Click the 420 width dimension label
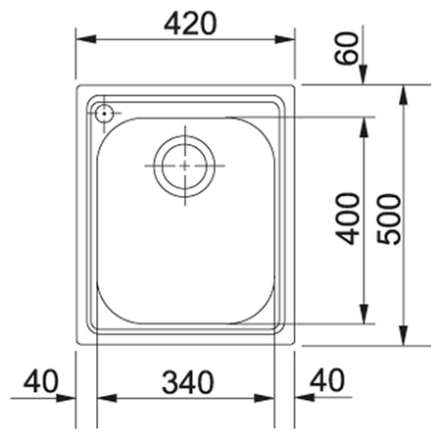[190, 24]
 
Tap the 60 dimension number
[346, 48]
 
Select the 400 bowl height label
[348, 219]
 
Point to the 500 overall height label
[389, 219]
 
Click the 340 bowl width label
[188, 382]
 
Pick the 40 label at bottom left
[41, 381]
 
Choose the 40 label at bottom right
[327, 380]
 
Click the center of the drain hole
[184, 166]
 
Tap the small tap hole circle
[104, 114]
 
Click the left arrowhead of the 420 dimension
[86, 39]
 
